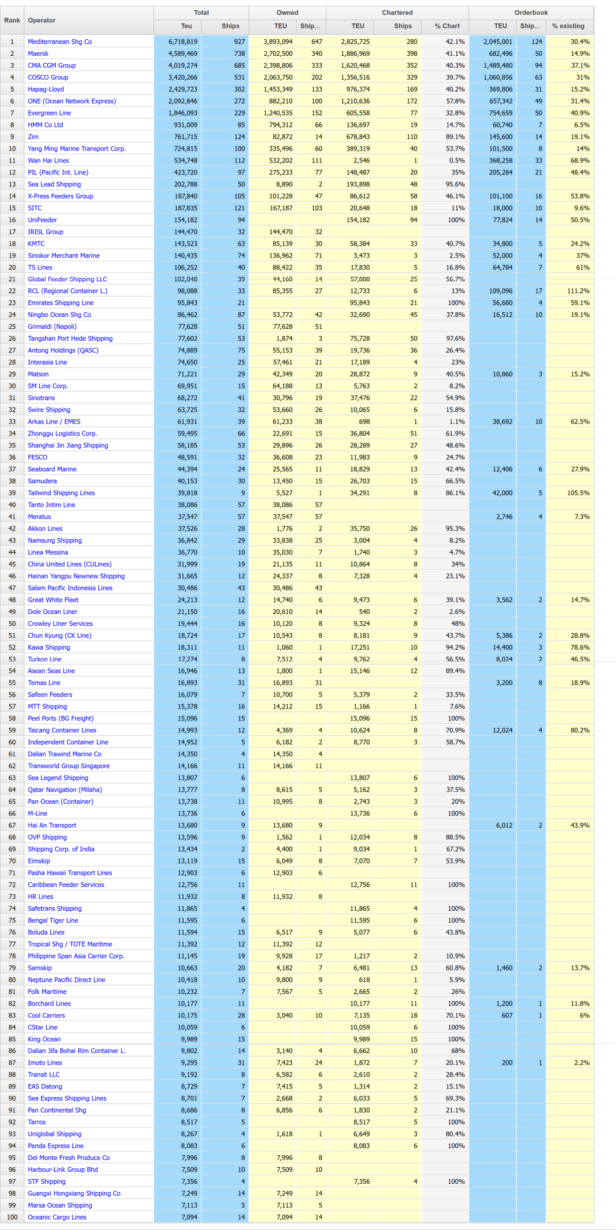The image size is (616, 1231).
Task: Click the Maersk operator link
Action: coord(38,54)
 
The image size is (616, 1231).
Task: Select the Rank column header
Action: coord(12,21)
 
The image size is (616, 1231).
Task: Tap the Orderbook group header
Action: coord(530,13)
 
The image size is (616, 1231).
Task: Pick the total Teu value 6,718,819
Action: coord(183,42)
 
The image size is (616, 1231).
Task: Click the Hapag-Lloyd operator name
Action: coord(46,89)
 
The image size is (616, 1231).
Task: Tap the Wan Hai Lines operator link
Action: coord(48,161)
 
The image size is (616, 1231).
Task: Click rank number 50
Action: coord(12,624)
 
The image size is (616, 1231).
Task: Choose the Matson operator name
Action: coord(38,374)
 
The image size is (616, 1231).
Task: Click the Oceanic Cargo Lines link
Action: coord(57,1217)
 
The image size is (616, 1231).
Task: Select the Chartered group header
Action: coord(397,13)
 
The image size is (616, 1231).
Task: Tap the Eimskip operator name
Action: coord(39,861)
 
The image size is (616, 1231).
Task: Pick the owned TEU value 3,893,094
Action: coord(278,42)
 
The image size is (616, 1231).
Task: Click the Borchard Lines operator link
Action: coord(49,1004)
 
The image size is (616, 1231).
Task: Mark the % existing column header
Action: coord(568,26)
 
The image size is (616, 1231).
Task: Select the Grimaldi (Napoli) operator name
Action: coord(52,327)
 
